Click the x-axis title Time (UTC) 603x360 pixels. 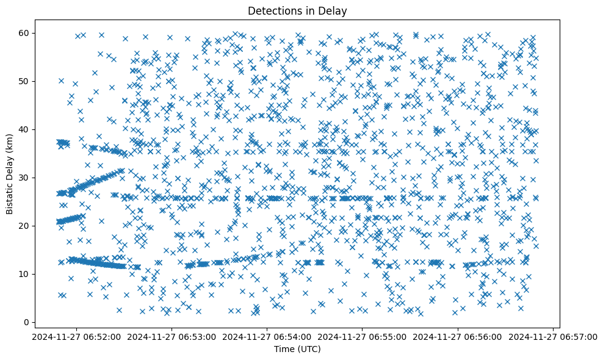tap(297, 350)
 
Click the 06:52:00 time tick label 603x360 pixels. tap(77, 336)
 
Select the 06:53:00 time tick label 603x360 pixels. tap(172, 336)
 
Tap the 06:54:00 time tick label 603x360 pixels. tap(267, 336)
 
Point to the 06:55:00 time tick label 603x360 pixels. tap(363, 336)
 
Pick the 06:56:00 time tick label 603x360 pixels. tap(458, 336)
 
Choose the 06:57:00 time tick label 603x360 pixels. tap(553, 336)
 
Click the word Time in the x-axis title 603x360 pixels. tap(285, 350)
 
